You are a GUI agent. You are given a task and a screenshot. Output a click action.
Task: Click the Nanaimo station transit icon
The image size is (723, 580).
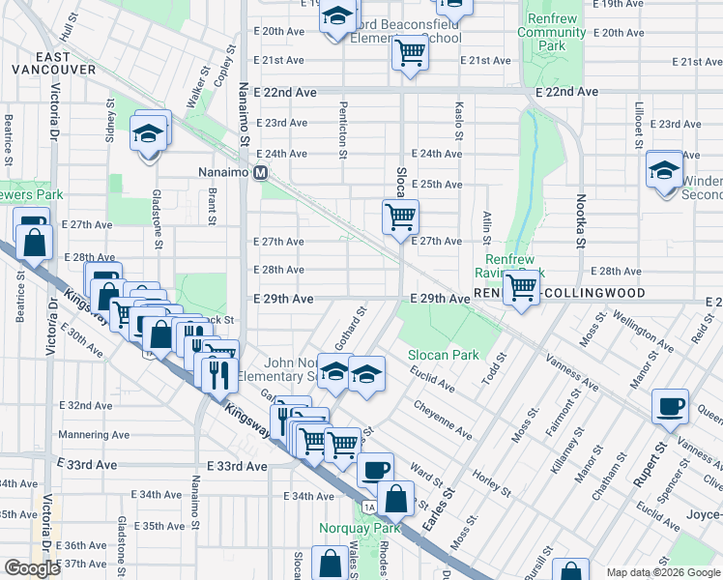(260, 174)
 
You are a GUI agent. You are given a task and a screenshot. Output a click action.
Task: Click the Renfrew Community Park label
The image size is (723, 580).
(551, 32)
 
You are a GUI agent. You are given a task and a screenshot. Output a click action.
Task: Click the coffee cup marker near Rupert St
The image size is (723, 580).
(670, 406)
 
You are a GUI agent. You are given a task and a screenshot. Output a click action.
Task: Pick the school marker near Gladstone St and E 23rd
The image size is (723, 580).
(149, 134)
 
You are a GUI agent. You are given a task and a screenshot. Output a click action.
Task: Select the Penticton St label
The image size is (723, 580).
(342, 134)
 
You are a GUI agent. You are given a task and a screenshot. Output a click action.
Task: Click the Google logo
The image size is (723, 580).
(32, 568)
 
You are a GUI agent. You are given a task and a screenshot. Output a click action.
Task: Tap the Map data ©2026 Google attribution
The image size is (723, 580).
(662, 572)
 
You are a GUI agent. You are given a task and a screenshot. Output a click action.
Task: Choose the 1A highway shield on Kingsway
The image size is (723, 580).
(368, 507)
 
